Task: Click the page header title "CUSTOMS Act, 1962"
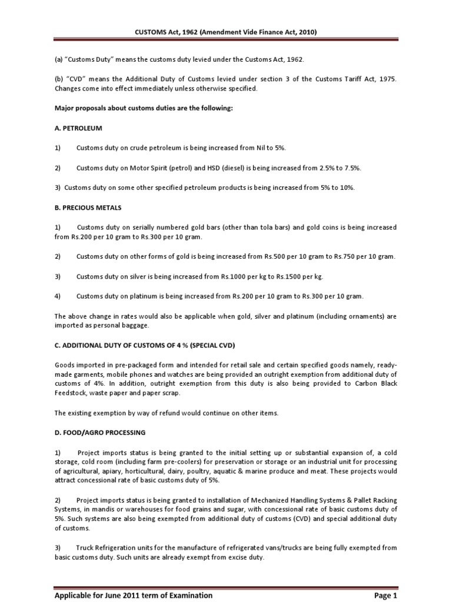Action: point(176,32)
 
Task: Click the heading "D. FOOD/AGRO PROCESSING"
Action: point(99,433)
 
